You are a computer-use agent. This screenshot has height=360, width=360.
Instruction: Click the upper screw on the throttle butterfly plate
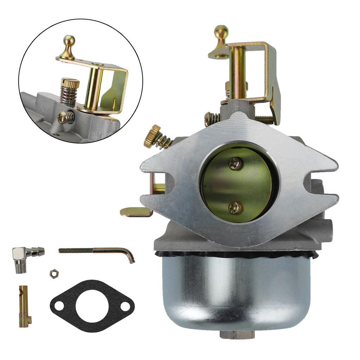pyautogui.click(x=235, y=163)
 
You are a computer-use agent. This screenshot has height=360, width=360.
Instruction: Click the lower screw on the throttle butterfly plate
pyautogui.click(x=234, y=207)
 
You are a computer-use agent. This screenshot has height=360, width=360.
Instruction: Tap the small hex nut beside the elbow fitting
pyautogui.click(x=53, y=273)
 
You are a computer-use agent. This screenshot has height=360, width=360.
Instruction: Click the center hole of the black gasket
pyautogui.click(x=92, y=305)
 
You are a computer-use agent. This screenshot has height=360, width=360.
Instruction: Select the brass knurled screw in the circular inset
pyautogui.click(x=70, y=84)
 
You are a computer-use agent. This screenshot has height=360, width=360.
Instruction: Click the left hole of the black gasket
pyautogui.click(x=59, y=306)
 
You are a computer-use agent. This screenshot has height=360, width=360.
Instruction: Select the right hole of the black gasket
pyautogui.click(x=125, y=306)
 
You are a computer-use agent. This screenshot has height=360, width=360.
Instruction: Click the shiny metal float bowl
pyautogui.click(x=236, y=292)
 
